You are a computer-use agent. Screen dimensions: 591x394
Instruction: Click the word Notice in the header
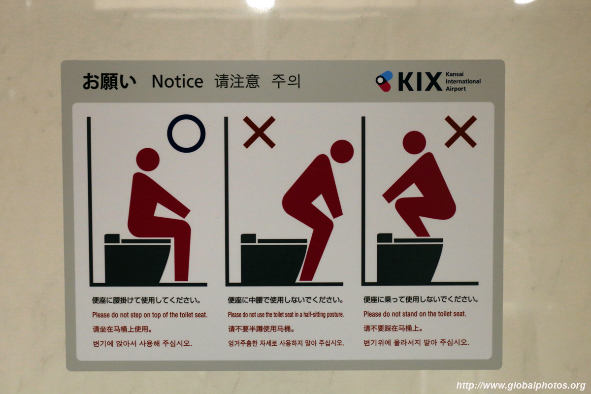[177, 81]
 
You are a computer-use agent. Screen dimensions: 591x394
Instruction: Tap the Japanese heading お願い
[109, 81]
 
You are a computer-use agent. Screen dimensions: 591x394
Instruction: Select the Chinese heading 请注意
[237, 81]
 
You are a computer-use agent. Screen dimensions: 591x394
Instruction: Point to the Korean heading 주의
[286, 81]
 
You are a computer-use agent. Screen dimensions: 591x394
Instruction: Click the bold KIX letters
[420, 82]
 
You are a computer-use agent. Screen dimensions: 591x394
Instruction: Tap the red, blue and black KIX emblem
[384, 81]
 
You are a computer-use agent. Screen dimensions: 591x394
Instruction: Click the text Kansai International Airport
[463, 82]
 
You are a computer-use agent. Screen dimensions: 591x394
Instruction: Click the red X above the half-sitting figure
[259, 132]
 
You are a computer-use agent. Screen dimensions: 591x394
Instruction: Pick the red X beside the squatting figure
[460, 131]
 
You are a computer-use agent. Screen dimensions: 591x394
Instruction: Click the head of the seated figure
[148, 160]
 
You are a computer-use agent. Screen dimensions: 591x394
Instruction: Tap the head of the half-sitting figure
[342, 152]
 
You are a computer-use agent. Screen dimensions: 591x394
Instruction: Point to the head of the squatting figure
[414, 142]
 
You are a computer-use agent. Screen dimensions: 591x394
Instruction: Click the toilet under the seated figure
[137, 259]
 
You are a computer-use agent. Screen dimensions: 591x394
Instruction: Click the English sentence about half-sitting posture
[286, 315]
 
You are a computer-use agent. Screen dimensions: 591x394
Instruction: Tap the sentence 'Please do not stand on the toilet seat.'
[415, 314]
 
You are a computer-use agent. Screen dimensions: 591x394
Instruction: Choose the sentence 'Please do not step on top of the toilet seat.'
[150, 315]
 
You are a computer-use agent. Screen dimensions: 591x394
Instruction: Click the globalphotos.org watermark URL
[521, 386]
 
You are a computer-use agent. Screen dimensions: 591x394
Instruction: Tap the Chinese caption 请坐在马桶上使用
[122, 329]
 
